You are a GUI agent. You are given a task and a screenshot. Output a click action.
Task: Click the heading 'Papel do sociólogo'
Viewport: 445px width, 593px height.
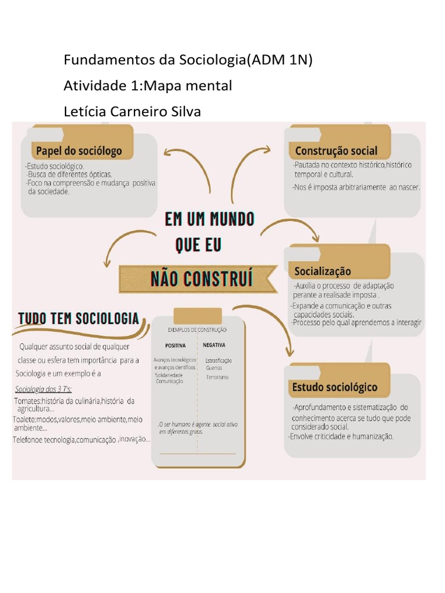tap(79, 151)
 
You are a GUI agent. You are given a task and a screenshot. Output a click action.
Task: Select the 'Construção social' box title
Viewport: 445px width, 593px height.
tap(336, 151)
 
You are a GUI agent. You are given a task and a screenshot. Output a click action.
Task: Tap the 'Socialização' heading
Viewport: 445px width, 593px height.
tap(323, 271)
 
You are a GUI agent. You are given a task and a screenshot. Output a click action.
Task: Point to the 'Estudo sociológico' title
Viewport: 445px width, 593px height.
tap(335, 387)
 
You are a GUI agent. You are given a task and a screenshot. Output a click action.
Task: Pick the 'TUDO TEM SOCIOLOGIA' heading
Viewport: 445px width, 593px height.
tap(79, 319)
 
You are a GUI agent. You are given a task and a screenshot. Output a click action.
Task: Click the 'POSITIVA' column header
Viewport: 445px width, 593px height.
tap(176, 345)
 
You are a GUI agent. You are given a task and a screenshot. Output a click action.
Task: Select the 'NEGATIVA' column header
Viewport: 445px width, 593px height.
tap(214, 345)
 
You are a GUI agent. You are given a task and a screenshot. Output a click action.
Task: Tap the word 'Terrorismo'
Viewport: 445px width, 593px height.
tap(217, 377)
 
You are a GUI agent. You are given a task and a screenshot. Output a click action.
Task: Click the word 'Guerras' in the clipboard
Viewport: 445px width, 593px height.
tap(214, 368)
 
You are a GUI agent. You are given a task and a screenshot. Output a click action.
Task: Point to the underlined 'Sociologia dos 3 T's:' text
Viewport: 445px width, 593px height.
tap(43, 388)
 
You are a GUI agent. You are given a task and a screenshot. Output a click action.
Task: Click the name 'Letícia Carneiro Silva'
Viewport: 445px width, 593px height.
tap(132, 111)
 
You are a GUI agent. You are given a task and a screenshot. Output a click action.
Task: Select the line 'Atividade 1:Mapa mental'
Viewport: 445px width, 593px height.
tap(148, 86)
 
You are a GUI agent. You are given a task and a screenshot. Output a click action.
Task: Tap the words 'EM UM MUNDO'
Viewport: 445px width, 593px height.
tap(210, 219)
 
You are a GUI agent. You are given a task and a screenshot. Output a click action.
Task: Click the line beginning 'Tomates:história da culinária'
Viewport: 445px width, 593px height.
tap(74, 401)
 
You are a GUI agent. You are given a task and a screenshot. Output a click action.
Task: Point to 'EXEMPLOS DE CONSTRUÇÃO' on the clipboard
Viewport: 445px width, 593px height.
tap(197, 330)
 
